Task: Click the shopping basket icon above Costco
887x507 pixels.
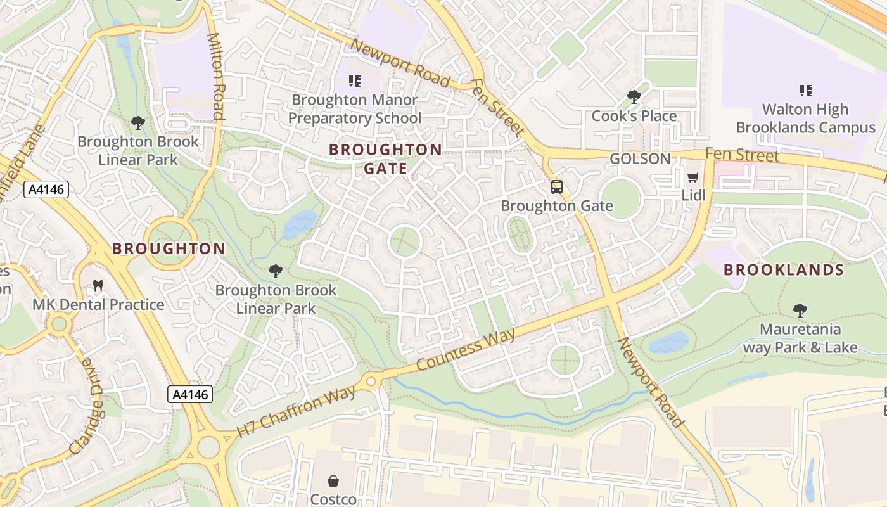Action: tap(333, 482)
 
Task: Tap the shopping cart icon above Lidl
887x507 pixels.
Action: tap(693, 177)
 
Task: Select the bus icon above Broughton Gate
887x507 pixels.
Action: tap(557, 187)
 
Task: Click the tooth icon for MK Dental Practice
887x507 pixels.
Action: tap(98, 286)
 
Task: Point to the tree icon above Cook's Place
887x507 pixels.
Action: tap(634, 97)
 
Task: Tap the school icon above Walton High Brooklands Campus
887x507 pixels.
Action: tap(805, 91)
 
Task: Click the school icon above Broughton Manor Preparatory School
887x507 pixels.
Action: tap(355, 81)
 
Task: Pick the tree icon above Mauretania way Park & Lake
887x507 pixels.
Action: tap(800, 311)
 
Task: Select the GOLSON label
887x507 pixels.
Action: tap(640, 158)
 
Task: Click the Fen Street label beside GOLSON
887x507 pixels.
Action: tap(742, 155)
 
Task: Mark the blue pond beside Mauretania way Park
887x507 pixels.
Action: tap(668, 343)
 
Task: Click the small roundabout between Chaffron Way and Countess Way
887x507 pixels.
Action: tap(371, 381)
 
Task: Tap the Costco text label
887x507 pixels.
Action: tap(333, 499)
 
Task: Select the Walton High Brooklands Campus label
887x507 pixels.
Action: tap(805, 119)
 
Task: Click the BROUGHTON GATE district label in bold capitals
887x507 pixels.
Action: tap(385, 158)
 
